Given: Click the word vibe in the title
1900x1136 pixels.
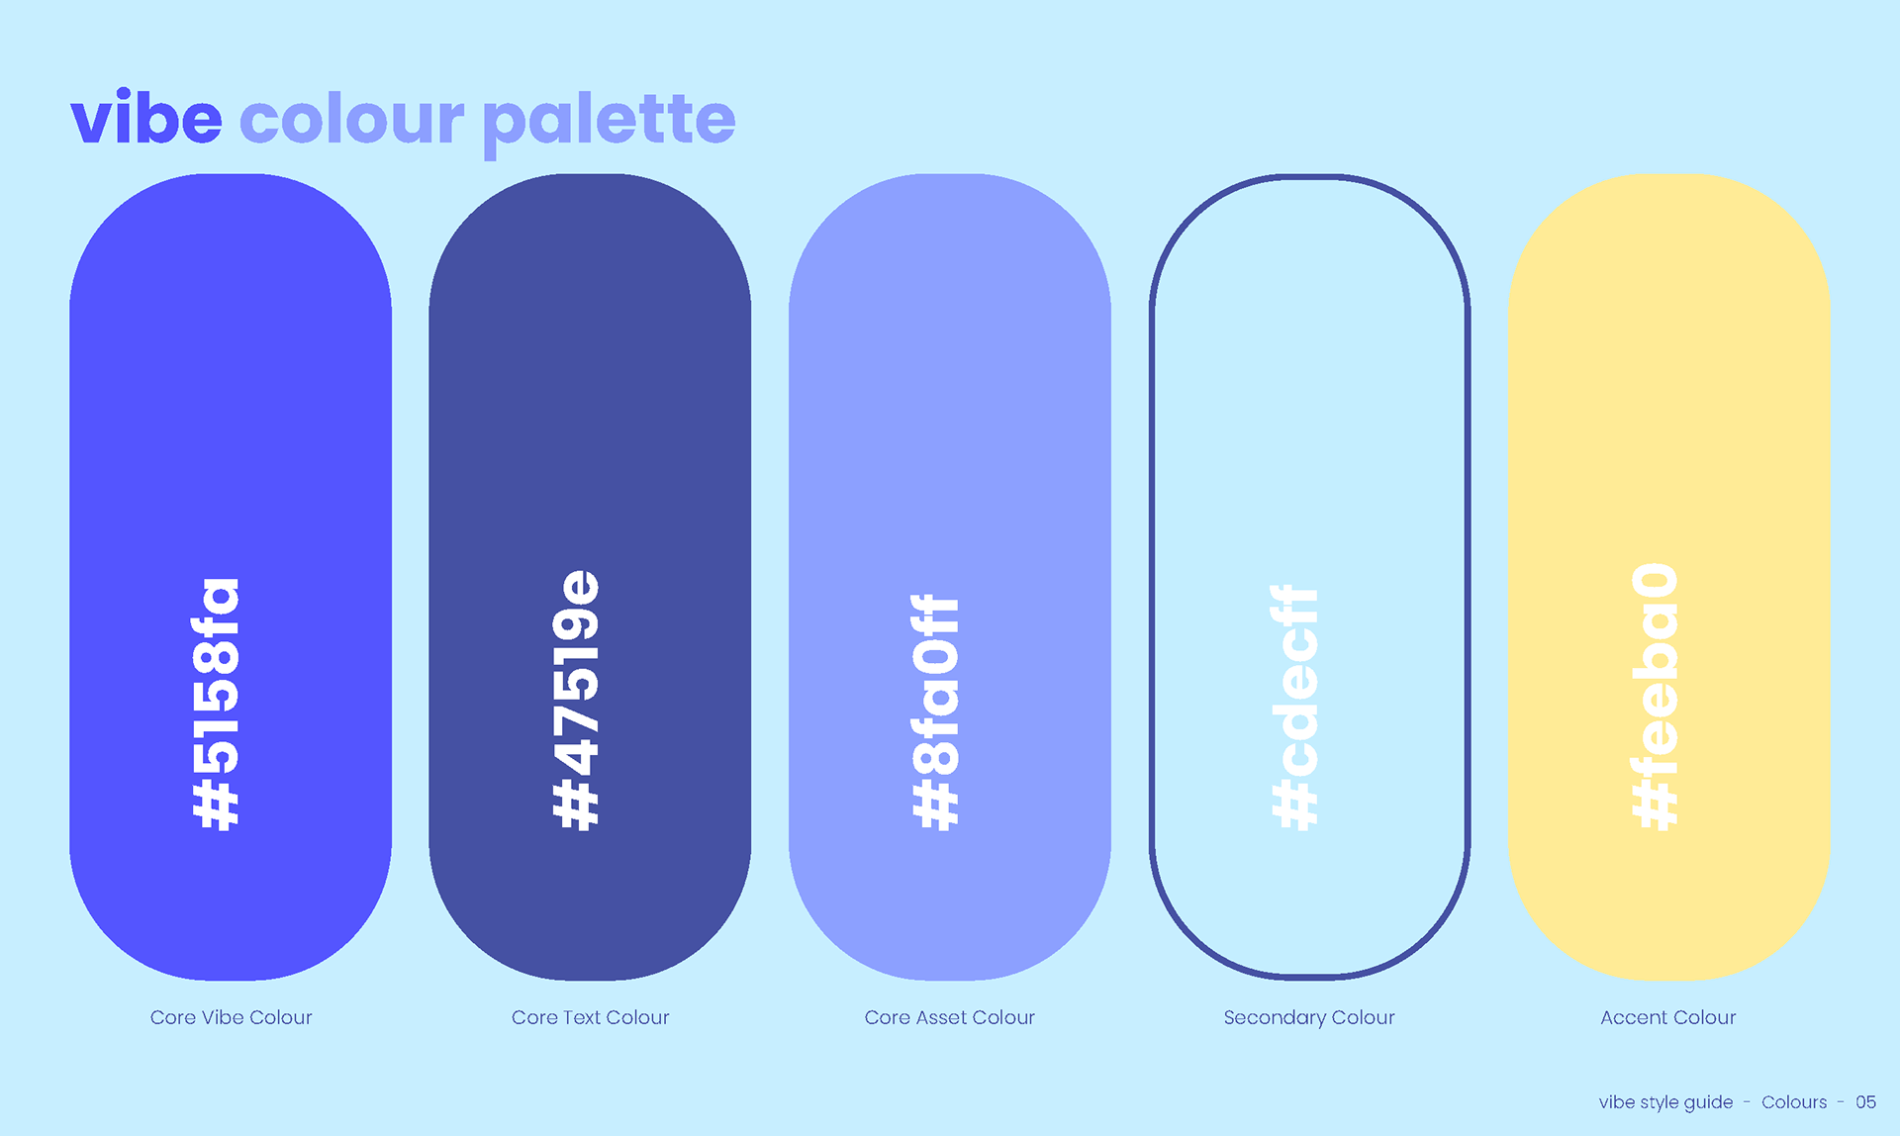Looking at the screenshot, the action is tap(146, 118).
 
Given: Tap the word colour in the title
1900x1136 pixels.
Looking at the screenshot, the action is tap(351, 118).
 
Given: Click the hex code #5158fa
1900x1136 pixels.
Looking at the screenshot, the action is tap(215, 704).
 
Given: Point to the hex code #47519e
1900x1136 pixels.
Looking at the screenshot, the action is tap(575, 700).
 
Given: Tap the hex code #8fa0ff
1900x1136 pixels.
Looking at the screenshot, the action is tap(935, 712).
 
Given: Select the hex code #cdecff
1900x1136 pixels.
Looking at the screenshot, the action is tap(1294, 708).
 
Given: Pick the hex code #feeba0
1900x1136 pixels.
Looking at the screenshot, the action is tap(1655, 697).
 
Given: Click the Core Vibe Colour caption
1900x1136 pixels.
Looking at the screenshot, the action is tap(231, 1017).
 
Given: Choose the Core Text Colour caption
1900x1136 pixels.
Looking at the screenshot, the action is tap(591, 1017).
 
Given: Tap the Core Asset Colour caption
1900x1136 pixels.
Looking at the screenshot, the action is tap(950, 1017).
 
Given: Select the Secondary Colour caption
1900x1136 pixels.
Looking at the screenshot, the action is tap(1309, 1017).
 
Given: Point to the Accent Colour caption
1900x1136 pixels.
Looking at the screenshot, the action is tap(1668, 1017).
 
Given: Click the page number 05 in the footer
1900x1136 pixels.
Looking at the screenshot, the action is tap(1865, 1102).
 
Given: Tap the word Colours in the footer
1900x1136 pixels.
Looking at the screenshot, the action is tap(1794, 1102).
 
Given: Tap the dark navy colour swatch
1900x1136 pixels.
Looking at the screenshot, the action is tap(590, 396).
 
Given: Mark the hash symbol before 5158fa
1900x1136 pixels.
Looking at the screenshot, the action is tap(215, 805).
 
